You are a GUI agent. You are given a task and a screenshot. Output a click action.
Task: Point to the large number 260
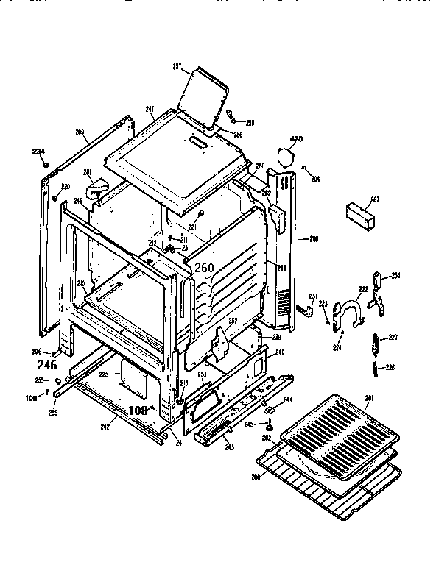pyautogui.click(x=203, y=269)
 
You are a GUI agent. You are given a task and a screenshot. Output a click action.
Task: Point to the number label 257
pyautogui.click(x=177, y=67)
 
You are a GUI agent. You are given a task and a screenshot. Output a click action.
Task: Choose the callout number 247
pyautogui.click(x=150, y=110)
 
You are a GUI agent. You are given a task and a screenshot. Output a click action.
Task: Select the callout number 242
pyautogui.click(x=105, y=426)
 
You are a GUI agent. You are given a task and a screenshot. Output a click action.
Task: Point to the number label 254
pyautogui.click(x=395, y=275)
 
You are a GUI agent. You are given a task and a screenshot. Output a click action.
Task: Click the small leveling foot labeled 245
pyautogui.click(x=270, y=427)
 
